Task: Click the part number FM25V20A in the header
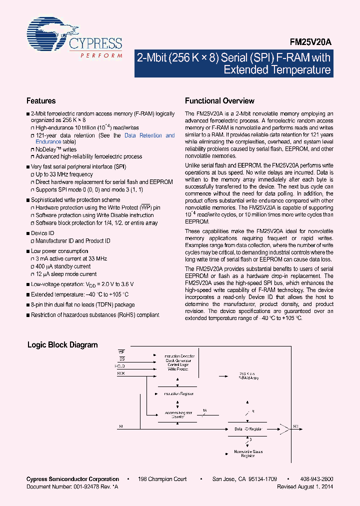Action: pyautogui.click(x=310, y=43)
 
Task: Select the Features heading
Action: pyautogui.click(x=41, y=101)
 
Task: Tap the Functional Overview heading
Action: pyautogui.click(x=219, y=101)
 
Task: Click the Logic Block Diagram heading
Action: pyautogui.click(x=62, y=345)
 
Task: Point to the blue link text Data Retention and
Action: pyautogui.click(x=149, y=135)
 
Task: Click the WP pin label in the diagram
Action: pyautogui.click(x=121, y=352)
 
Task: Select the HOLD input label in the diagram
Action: pyautogui.click(x=119, y=366)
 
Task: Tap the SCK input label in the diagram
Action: pyautogui.click(x=120, y=373)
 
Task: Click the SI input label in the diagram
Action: pyautogui.click(x=120, y=426)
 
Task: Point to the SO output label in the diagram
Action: pyautogui.click(x=295, y=426)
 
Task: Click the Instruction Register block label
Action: pyautogui.click(x=178, y=394)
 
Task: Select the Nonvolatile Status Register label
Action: pyautogui.click(x=248, y=453)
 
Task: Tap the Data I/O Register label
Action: pyautogui.click(x=248, y=429)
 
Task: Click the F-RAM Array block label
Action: pyautogui.click(x=248, y=376)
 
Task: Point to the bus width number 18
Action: pyautogui.click(x=204, y=410)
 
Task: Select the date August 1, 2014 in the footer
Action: pyautogui.click(x=319, y=486)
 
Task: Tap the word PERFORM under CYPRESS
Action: pyautogui.click(x=101, y=55)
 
